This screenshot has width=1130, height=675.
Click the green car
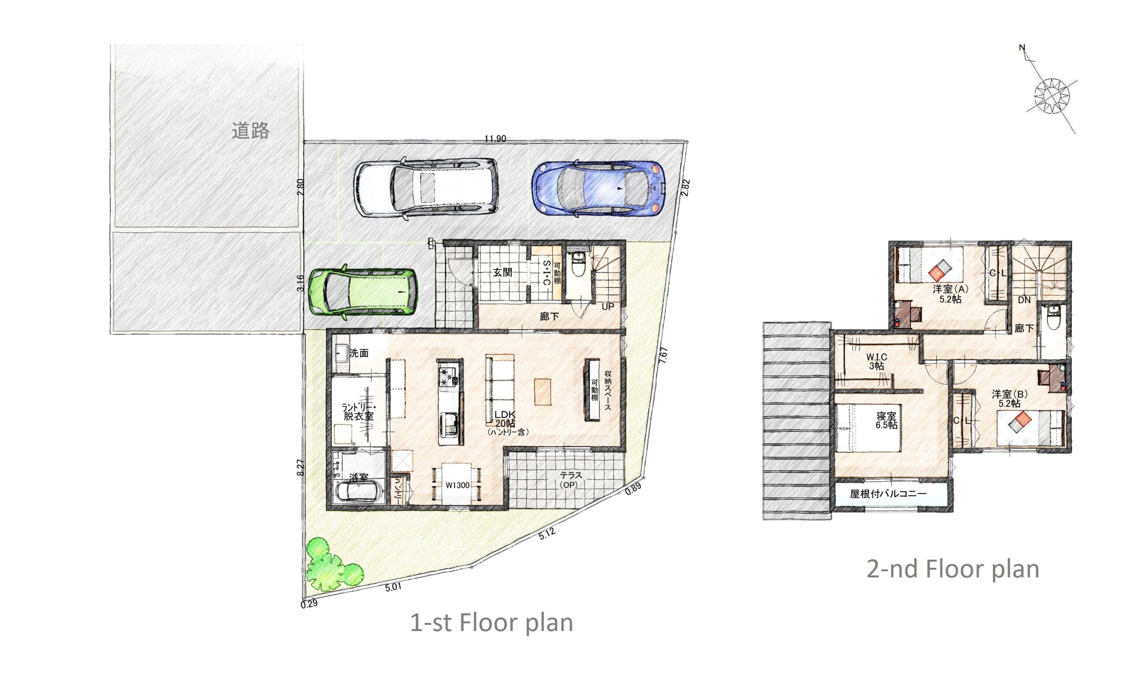[362, 291]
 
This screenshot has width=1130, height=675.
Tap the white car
[426, 187]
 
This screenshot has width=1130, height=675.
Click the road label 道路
[251, 131]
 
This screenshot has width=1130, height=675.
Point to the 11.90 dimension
[495, 139]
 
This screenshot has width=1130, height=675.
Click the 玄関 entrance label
[503, 272]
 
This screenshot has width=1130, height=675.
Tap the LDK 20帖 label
[505, 419]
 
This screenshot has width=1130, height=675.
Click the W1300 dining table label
[457, 485]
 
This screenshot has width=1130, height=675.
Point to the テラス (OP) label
[570, 480]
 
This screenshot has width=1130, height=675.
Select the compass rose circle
[1052, 96]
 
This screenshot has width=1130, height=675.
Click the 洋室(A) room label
[950, 294]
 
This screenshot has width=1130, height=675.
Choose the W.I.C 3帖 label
[876, 361]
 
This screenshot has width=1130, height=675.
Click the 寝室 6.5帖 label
[886, 420]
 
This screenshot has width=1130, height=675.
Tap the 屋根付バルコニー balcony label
[888, 494]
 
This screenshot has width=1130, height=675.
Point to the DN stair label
[1024, 300]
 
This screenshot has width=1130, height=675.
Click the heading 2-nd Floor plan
[953, 569]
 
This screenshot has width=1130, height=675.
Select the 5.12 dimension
[547, 534]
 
